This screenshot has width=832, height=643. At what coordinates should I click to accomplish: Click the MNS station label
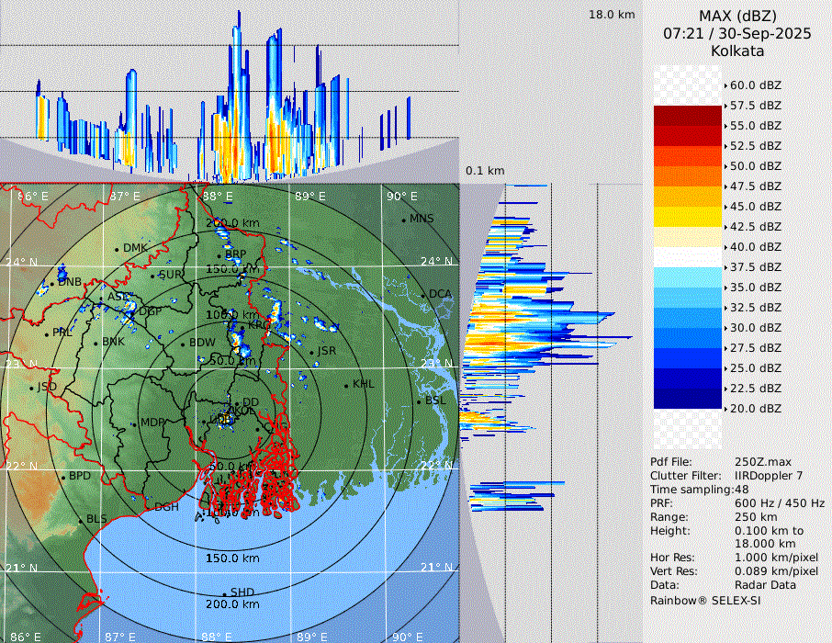click(422, 219)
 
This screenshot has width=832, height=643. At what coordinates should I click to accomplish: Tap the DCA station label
click(441, 294)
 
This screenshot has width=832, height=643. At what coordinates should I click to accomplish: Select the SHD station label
click(242, 592)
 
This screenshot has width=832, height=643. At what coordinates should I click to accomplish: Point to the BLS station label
click(97, 519)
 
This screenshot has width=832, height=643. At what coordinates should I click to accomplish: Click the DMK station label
click(135, 248)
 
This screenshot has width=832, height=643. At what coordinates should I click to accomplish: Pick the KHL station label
click(364, 384)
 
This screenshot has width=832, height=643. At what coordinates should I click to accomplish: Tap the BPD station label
click(80, 477)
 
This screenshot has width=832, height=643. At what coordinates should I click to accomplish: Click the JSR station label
click(326, 351)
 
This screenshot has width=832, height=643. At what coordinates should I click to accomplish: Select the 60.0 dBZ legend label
click(755, 85)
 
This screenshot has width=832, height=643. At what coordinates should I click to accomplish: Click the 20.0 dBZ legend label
click(755, 408)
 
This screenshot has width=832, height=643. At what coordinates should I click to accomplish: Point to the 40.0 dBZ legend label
click(755, 246)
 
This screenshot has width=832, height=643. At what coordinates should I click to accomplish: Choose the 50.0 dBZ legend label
click(755, 165)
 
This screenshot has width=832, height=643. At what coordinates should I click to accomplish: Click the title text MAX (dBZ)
click(737, 16)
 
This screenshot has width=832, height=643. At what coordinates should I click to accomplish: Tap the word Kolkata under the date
click(737, 51)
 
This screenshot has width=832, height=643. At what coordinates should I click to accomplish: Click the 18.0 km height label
click(613, 15)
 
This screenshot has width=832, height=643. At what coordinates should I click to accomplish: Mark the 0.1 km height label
click(485, 171)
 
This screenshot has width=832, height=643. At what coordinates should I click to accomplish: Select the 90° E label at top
click(401, 196)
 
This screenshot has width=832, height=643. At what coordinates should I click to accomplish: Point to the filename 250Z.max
click(763, 461)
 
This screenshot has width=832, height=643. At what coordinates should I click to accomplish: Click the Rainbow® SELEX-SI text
click(705, 600)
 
